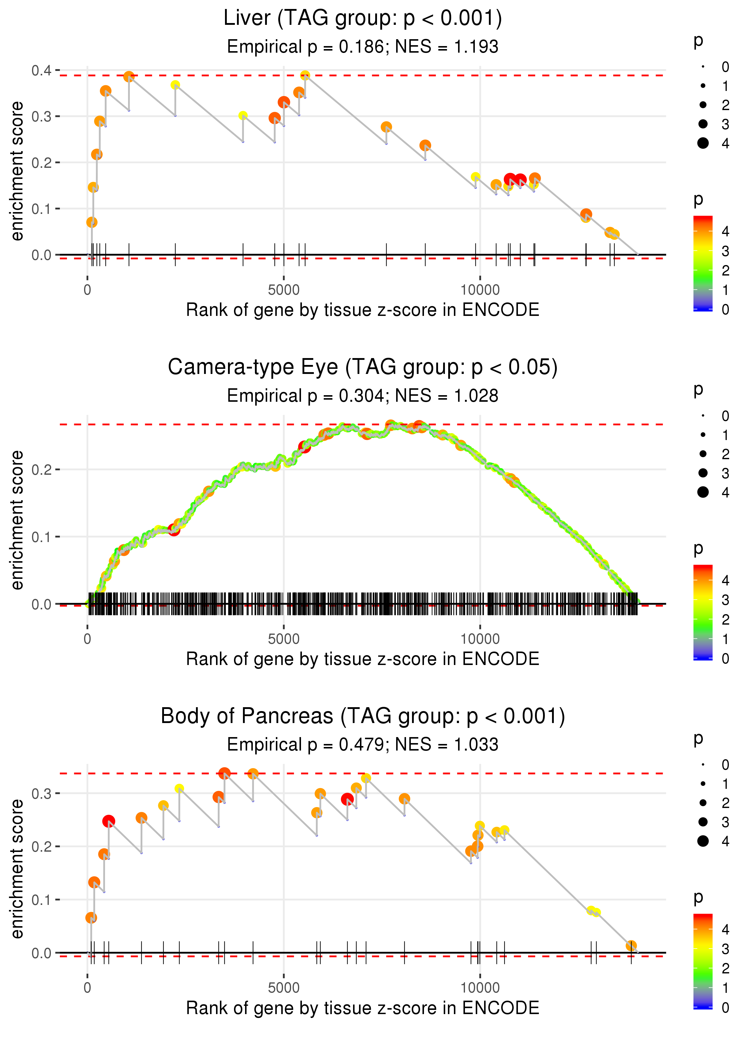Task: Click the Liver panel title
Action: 363,19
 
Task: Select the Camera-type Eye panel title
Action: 363,367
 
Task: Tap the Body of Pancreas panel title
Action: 363,716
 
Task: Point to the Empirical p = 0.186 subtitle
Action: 363,47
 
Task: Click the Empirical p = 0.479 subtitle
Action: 363,745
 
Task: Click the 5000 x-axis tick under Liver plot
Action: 284,290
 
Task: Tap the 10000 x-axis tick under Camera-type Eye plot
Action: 480,639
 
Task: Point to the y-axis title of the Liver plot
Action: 17,171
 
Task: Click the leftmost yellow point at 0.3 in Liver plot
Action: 243,115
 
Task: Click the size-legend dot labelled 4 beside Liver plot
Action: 703,143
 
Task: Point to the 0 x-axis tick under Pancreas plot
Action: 87,988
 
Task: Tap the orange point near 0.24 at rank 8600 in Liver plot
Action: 425,145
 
